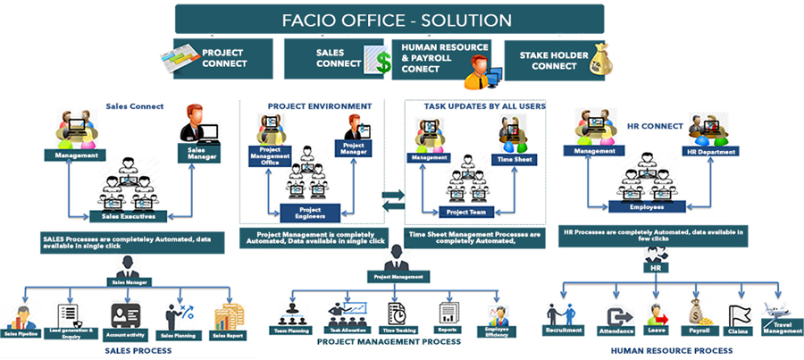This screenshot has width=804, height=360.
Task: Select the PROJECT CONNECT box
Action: tap(214, 59)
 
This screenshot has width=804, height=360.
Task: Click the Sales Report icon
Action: tap(229, 317)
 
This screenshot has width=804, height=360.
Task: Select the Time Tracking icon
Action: tap(395, 313)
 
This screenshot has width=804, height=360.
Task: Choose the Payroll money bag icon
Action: tap(699, 312)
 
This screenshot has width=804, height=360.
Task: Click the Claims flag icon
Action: tap(739, 314)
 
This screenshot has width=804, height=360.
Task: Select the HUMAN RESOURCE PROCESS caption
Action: tap(671, 350)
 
